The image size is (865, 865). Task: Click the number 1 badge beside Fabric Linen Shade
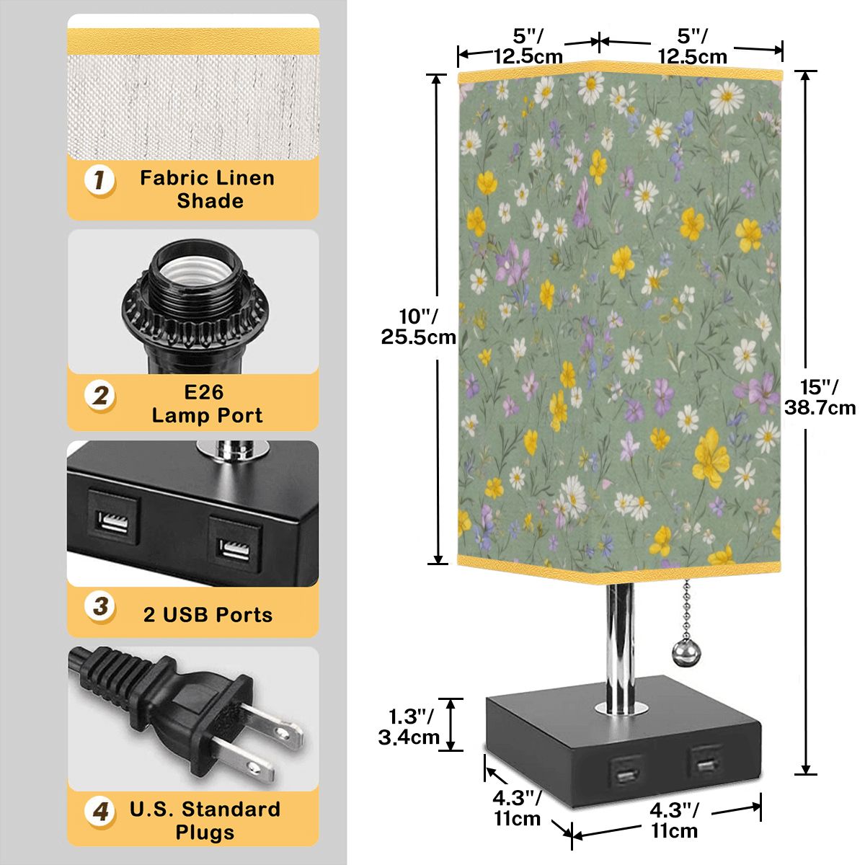[x=99, y=180]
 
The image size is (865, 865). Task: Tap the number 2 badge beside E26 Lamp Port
[x=99, y=396]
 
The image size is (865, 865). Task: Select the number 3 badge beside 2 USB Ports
[x=99, y=606]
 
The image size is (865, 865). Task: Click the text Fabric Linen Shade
[x=208, y=189]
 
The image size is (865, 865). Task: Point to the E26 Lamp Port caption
[x=207, y=404]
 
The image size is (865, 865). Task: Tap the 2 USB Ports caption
[x=208, y=615]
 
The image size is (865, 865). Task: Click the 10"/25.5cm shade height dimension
[x=418, y=327]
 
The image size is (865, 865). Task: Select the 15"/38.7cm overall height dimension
[x=820, y=396]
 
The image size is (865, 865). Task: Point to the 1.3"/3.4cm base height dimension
[x=409, y=727]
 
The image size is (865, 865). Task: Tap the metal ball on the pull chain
[x=683, y=649]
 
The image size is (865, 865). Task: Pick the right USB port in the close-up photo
[x=235, y=544]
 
